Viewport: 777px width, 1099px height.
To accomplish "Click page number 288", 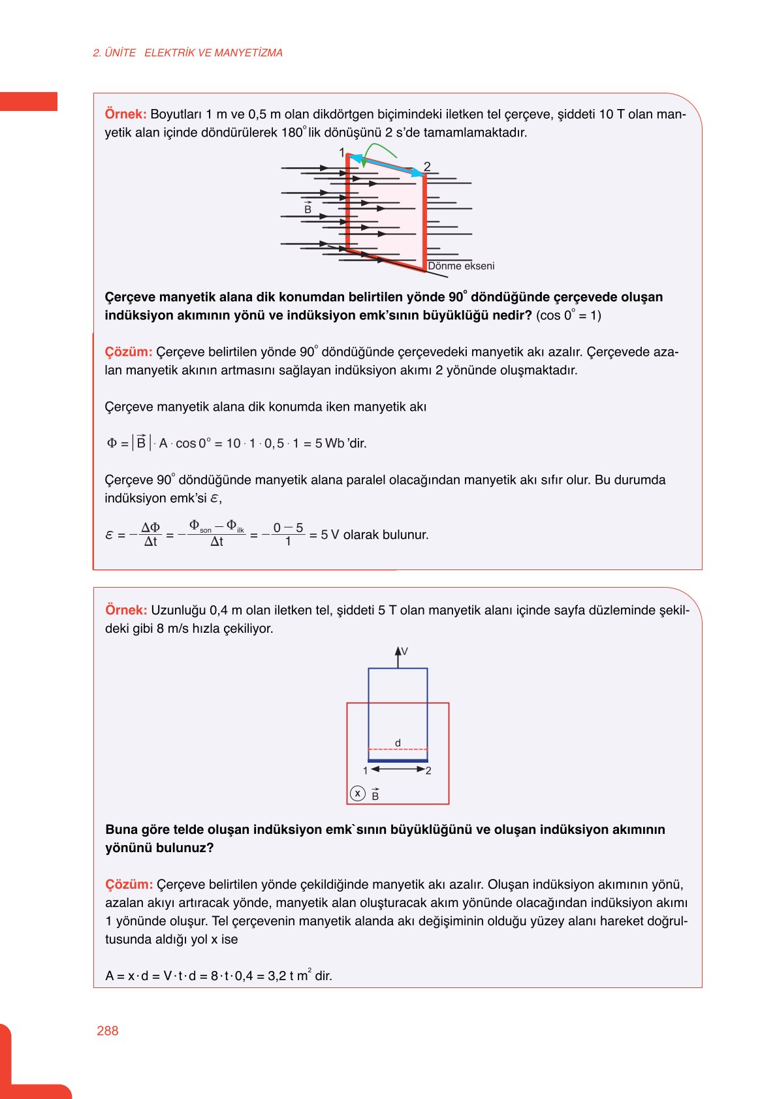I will pyautogui.click(x=107, y=1030).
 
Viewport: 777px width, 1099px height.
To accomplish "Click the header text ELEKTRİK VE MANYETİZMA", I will pyautogui.click(x=213, y=53).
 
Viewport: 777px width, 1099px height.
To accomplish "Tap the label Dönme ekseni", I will pyautogui.click(x=461, y=266).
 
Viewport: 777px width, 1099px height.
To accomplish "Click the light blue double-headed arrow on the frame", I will pyautogui.click(x=387, y=165).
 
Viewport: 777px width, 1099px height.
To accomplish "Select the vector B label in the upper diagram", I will pyautogui.click(x=308, y=208).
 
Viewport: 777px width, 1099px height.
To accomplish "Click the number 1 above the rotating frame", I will pyautogui.click(x=341, y=153).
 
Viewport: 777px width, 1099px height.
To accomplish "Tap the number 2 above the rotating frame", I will pyautogui.click(x=427, y=167).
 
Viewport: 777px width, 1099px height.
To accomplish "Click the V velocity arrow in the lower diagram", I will pyautogui.click(x=398, y=656).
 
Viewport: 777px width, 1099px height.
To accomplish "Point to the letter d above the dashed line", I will pyautogui.click(x=398, y=743).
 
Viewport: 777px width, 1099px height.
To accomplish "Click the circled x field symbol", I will pyautogui.click(x=357, y=793).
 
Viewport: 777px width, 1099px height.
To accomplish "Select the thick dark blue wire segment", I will pyautogui.click(x=398, y=761).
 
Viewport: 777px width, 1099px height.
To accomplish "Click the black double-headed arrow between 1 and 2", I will pyautogui.click(x=398, y=769).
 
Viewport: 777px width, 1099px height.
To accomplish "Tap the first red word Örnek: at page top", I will pyautogui.click(x=125, y=114).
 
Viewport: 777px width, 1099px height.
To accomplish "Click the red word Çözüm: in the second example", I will pyautogui.click(x=129, y=885).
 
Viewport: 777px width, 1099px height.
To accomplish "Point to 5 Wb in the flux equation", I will pyautogui.click(x=329, y=443).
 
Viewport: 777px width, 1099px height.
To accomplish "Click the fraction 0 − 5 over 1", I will pyautogui.click(x=288, y=534).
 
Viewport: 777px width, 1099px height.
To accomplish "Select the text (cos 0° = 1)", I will pyautogui.click(x=568, y=315).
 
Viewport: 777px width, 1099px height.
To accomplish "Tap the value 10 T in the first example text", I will pyautogui.click(x=611, y=114).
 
